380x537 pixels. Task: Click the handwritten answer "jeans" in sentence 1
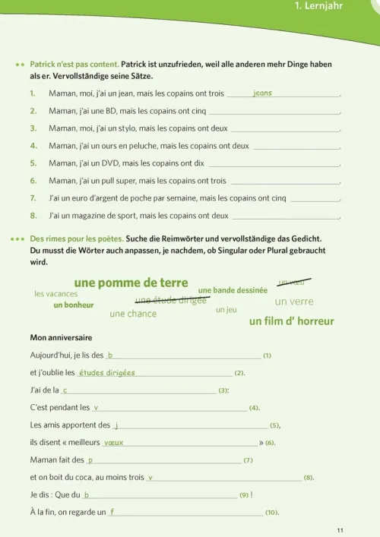pyautogui.click(x=261, y=93)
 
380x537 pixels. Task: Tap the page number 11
pyautogui.click(x=340, y=529)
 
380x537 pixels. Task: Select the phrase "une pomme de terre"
pyautogui.click(x=131, y=283)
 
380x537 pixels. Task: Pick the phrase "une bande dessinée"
pyautogui.click(x=233, y=290)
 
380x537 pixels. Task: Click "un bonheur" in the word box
pyautogui.click(x=74, y=305)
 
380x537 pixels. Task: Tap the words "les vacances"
pyautogui.click(x=56, y=294)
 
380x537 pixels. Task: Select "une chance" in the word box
pyautogui.click(x=133, y=314)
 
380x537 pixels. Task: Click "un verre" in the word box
pyautogui.click(x=293, y=302)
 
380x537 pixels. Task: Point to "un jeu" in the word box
pyautogui.click(x=226, y=310)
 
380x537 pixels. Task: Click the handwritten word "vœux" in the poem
pyautogui.click(x=113, y=442)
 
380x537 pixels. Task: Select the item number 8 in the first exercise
pyautogui.click(x=33, y=216)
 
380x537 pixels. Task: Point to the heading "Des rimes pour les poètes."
pyautogui.click(x=77, y=238)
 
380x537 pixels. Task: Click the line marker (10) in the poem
pyautogui.click(x=271, y=513)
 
